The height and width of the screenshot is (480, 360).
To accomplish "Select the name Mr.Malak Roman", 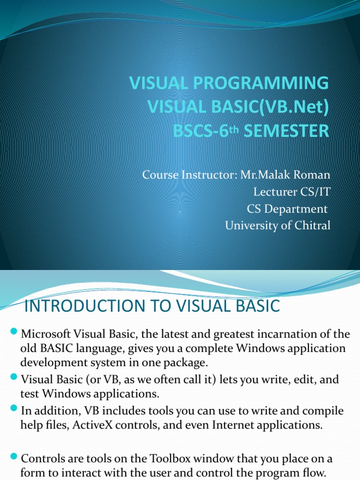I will click(x=285, y=175).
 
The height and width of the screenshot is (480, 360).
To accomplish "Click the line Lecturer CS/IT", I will click(x=292, y=192).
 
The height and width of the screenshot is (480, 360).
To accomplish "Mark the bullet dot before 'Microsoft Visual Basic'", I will click(x=13, y=333).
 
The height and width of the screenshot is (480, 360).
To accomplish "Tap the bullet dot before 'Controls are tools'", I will click(x=13, y=457).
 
